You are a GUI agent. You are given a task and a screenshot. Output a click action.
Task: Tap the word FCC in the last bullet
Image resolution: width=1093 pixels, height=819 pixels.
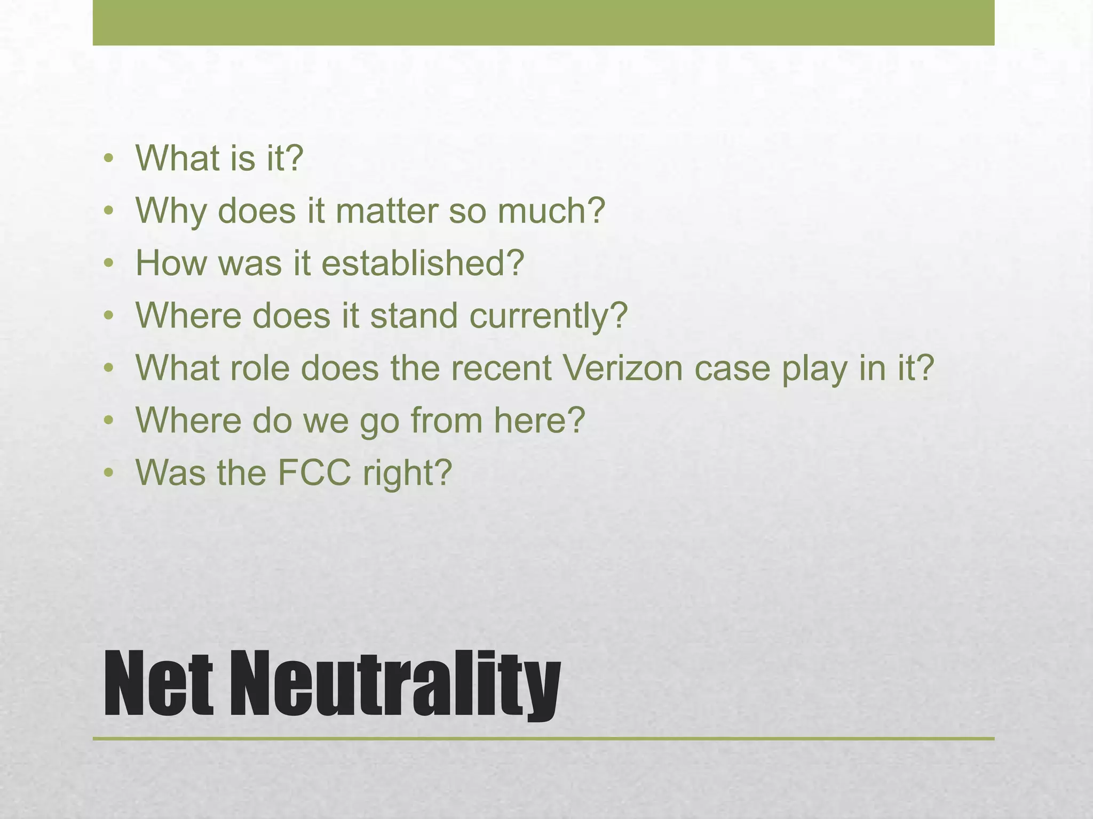pyautogui.click(x=315, y=472)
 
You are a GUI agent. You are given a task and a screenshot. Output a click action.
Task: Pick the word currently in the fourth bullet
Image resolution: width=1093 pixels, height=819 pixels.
pyautogui.click(x=548, y=316)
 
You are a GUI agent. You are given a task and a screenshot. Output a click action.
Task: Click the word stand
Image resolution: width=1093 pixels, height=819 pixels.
pyautogui.click(x=414, y=316)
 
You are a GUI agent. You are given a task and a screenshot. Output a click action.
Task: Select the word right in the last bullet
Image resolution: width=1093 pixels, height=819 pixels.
pyautogui.click(x=407, y=473)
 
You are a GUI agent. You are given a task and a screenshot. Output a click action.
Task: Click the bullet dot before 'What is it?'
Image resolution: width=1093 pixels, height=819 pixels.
pyautogui.click(x=109, y=158)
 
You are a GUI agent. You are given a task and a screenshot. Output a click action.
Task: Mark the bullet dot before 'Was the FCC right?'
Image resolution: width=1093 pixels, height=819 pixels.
pyautogui.click(x=109, y=472)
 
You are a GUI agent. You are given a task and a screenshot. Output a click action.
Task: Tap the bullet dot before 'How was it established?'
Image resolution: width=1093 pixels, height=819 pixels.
pyautogui.click(x=109, y=263)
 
